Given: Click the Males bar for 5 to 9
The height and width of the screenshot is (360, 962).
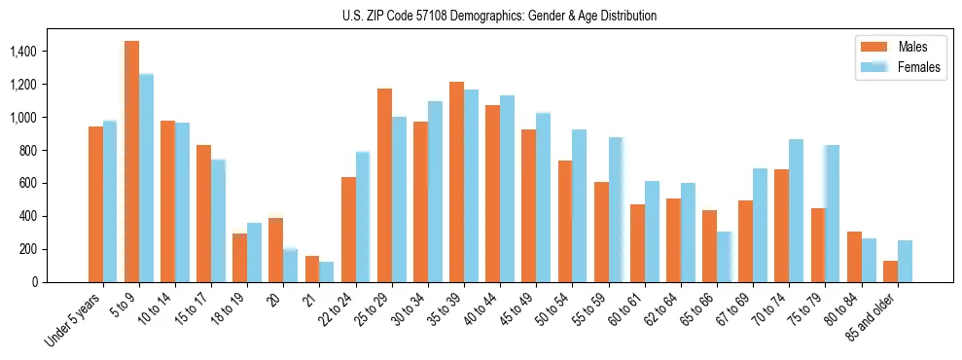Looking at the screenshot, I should (x=131, y=162).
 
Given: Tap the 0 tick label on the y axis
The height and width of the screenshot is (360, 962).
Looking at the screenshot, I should (x=63, y=282).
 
